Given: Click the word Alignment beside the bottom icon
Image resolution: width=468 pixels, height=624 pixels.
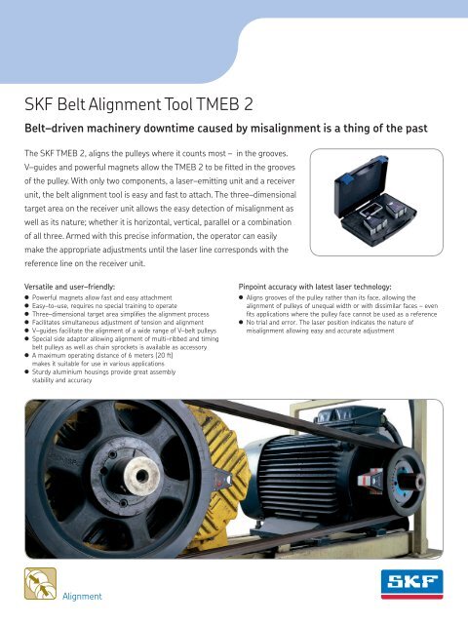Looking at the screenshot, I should pos(84,596).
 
